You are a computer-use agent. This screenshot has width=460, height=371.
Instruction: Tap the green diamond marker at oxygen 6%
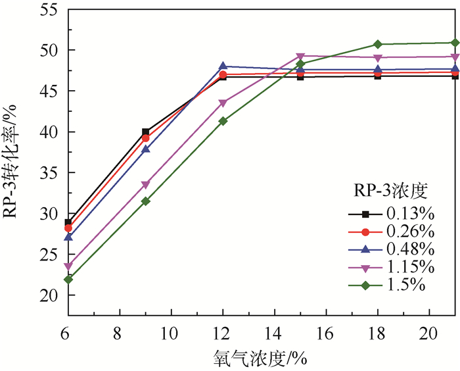click(x=68, y=280)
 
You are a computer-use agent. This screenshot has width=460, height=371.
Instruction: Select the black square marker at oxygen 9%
click(x=145, y=132)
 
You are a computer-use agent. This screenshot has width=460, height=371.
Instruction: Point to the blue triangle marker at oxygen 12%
click(x=223, y=66)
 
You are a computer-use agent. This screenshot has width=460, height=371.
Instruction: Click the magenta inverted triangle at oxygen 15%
click(x=300, y=57)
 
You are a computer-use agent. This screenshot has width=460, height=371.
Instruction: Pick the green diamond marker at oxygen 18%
click(x=378, y=44)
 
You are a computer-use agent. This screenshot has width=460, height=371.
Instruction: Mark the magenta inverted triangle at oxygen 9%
click(x=145, y=185)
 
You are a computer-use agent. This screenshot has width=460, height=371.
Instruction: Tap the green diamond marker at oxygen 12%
click(x=223, y=121)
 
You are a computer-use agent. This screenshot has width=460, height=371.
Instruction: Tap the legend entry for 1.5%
click(x=388, y=285)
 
